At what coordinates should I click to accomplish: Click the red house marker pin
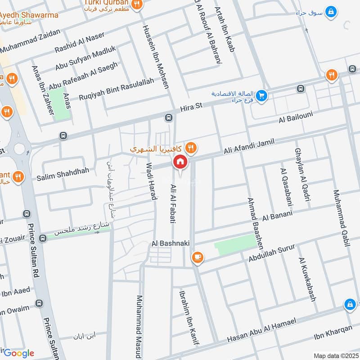180,162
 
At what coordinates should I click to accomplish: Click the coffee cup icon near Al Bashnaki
197,257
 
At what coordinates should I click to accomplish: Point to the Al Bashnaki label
171,243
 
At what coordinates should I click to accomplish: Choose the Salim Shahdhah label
60,171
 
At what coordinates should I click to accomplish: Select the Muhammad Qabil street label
341,218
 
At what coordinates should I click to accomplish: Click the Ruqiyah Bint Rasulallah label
116,89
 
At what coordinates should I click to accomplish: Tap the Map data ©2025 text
335,355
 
